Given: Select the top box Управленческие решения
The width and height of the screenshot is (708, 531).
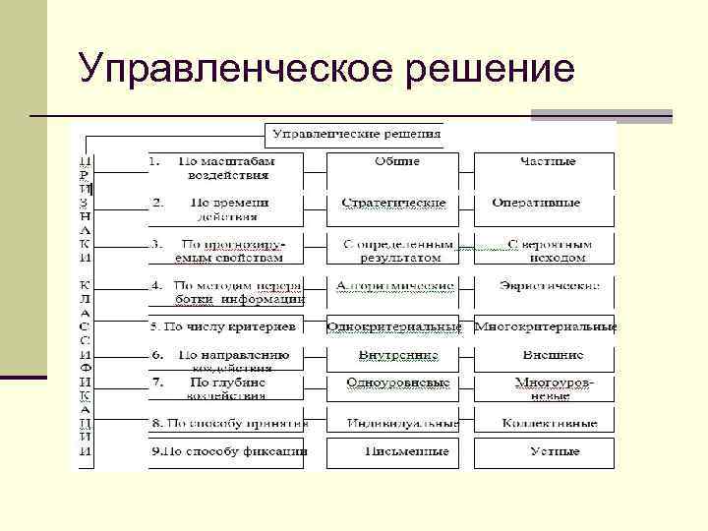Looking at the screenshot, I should coord(357,133).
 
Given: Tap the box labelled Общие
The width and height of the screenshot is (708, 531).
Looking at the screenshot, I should coord(396,167).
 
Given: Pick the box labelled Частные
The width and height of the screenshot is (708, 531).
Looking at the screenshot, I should coord(544,167).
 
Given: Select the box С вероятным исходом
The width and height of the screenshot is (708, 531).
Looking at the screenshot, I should coord(544,250).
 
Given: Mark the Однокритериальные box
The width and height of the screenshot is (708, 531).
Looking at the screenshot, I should coord(394,326).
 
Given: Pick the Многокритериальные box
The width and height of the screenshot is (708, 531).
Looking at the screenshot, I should coord(545,326).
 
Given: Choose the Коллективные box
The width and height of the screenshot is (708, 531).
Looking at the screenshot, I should coord(544,424).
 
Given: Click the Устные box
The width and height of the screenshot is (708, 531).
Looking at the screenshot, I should coord(544,451).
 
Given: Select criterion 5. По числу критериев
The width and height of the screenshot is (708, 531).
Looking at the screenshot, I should coord(224,326).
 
